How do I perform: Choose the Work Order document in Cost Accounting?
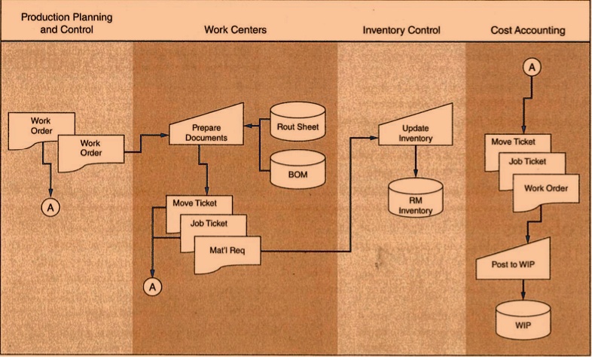545,188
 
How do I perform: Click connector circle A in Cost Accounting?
531,68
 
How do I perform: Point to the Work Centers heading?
236,30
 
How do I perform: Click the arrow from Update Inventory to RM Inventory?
415,162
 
